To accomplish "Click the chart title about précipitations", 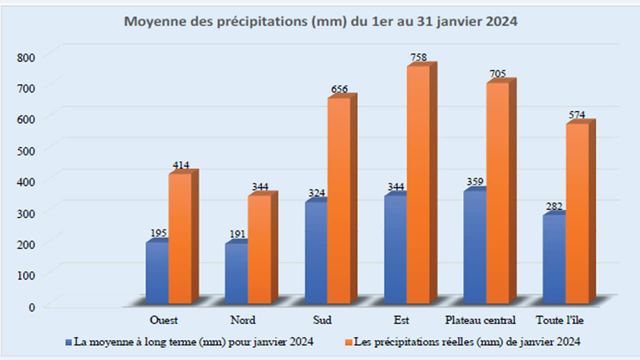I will pos(320,22).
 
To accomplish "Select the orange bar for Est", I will pos(417,185).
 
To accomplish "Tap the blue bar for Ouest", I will pos(157,272).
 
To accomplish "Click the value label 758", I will pos(418,57).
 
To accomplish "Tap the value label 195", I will pos(158,233).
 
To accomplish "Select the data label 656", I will pos(339,89).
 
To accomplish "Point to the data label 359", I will pos(475,181).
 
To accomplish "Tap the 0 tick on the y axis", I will pos(31,307).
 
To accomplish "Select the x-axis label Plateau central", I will pos(480,320).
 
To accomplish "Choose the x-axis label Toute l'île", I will pos(558,320).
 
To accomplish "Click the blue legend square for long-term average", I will pos(68,342).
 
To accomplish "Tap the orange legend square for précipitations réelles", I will pos(348,342).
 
